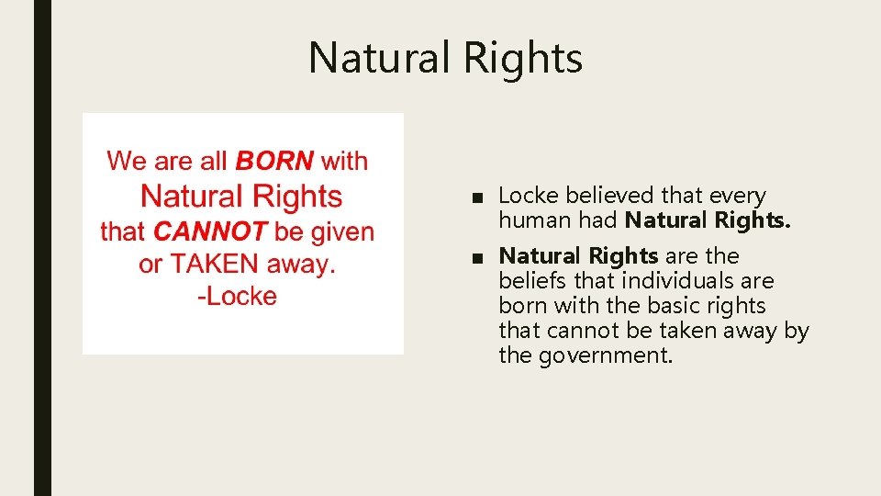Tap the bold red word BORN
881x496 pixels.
(x=274, y=162)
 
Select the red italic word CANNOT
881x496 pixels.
(x=210, y=231)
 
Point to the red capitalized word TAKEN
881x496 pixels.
(x=216, y=265)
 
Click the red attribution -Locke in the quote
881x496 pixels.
(x=237, y=297)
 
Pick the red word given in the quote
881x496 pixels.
(x=342, y=231)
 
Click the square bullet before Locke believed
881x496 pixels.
(x=472, y=197)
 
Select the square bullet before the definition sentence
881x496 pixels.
(x=472, y=256)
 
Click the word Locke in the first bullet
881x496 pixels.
(x=529, y=196)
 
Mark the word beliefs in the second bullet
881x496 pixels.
(x=530, y=281)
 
